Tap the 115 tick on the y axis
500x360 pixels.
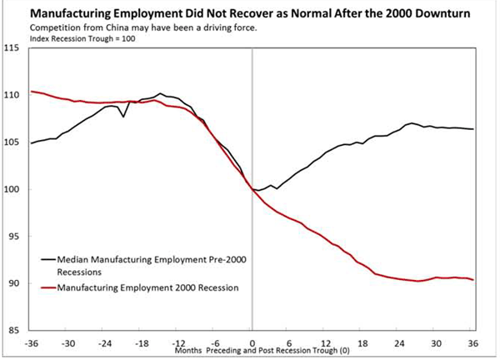[14, 49]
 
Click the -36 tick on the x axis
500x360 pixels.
[32, 342]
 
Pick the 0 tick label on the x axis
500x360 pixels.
[252, 342]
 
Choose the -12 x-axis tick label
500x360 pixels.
[178, 342]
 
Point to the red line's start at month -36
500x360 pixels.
[32, 92]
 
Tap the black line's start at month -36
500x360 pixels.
[32, 143]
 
